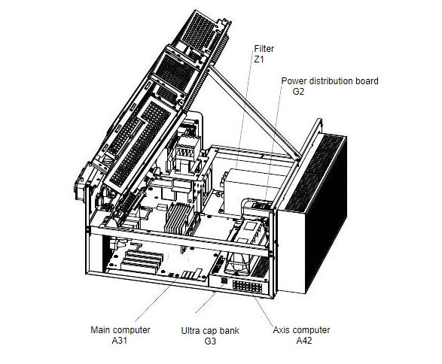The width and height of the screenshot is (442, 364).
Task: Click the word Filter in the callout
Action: pyautogui.click(x=264, y=49)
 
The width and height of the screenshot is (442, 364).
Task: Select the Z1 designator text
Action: pyautogui.click(x=259, y=59)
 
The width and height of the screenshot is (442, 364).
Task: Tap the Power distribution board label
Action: pyautogui.click(x=330, y=81)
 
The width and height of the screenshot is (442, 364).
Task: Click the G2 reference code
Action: pyautogui.click(x=298, y=92)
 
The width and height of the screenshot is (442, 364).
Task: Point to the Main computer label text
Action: pyautogui.click(x=120, y=330)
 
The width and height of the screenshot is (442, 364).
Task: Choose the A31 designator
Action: pyautogui.click(x=120, y=341)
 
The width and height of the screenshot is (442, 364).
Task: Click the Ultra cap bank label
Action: pyautogui.click(x=210, y=330)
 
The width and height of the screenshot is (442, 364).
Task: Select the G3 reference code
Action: pyautogui.click(x=210, y=341)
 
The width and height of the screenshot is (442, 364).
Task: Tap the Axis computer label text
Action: pyautogui.click(x=301, y=330)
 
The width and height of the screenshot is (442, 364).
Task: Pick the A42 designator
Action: pyautogui.click(x=304, y=341)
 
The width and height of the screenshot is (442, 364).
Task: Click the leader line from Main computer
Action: pyautogui.click(x=156, y=299)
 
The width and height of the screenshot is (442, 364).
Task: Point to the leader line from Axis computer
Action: pyautogui.click(x=262, y=309)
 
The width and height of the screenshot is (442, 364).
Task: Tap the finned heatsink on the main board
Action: pyautogui.click(x=178, y=217)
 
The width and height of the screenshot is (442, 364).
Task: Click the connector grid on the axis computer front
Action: pyautogui.click(x=247, y=287)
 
